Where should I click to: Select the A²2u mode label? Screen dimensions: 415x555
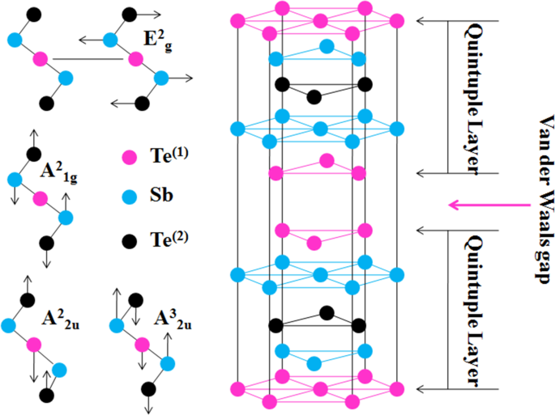tap(62, 317)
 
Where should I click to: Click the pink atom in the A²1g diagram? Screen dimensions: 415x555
tap(39, 198)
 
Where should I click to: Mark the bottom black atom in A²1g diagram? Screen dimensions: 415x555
tap(46, 242)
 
